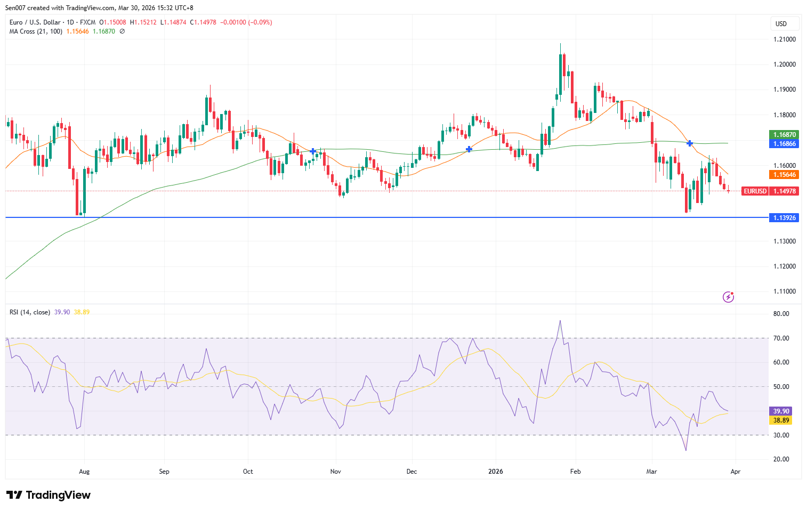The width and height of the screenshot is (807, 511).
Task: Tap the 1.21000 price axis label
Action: pyautogui.click(x=784, y=39)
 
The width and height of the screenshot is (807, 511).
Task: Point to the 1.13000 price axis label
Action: pyautogui.click(x=784, y=241)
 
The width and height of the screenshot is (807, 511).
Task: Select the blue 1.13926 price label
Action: pyautogui.click(x=784, y=218)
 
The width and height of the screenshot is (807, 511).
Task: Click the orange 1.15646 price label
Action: pyautogui.click(x=784, y=175)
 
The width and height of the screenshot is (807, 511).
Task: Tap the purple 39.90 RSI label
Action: pyautogui.click(x=781, y=411)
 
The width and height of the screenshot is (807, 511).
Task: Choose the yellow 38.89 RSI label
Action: pyautogui.click(x=781, y=420)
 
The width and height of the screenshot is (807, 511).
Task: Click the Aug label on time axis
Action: pyautogui.click(x=84, y=472)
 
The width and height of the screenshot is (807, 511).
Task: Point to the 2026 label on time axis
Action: pyautogui.click(x=496, y=472)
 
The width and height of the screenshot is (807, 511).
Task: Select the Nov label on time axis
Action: pyautogui.click(x=336, y=472)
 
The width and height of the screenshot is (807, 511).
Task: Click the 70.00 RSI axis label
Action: pyautogui.click(x=781, y=338)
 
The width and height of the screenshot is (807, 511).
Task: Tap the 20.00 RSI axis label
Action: pyautogui.click(x=781, y=459)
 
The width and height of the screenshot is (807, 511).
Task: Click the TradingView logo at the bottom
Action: pyautogui.click(x=49, y=495)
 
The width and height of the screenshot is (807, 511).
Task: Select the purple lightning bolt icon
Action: pyautogui.click(x=728, y=297)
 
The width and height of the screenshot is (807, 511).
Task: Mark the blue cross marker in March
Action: pyautogui.click(x=690, y=143)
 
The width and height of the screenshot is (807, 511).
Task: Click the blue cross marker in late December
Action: pyautogui.click(x=469, y=149)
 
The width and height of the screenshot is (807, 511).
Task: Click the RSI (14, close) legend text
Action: pyautogui.click(x=30, y=312)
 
